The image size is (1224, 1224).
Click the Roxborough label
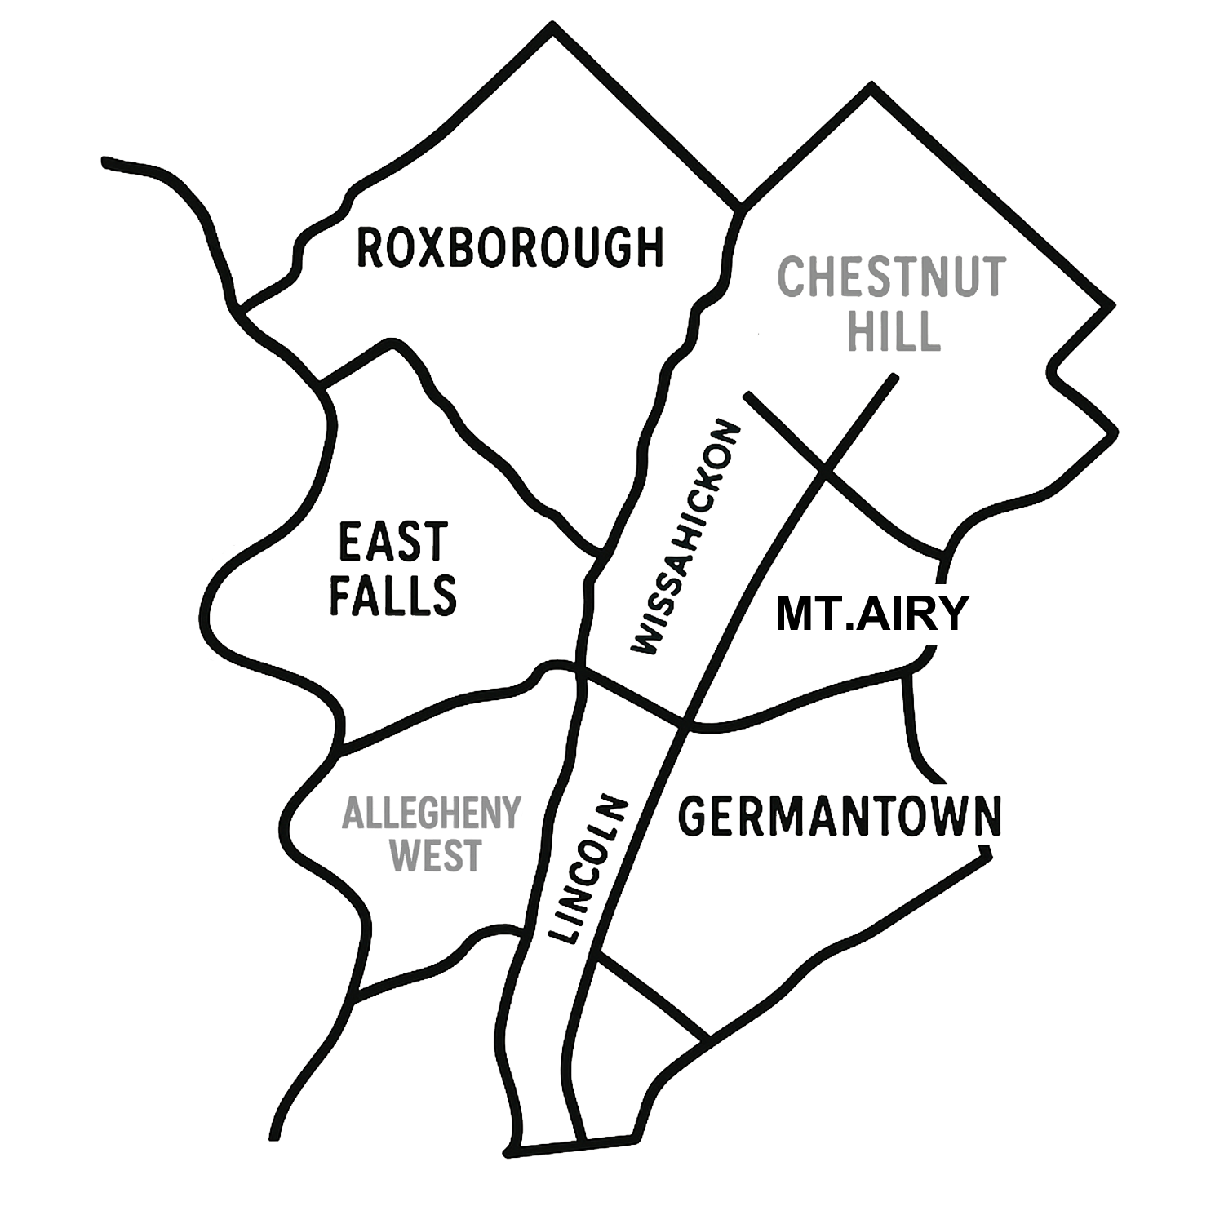[511, 248]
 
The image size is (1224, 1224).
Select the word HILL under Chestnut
[894, 330]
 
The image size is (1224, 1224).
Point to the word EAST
[393, 542]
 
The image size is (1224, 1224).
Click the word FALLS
[392, 595]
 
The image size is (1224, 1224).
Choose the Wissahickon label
[686, 538]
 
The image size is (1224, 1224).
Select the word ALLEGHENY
[431, 814]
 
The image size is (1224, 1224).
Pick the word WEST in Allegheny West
[437, 856]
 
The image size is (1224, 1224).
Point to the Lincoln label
[587, 868]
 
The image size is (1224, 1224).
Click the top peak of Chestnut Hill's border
[871, 85]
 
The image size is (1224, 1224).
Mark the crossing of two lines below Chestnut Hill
[824, 471]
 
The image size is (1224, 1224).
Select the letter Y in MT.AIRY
[951, 614]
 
